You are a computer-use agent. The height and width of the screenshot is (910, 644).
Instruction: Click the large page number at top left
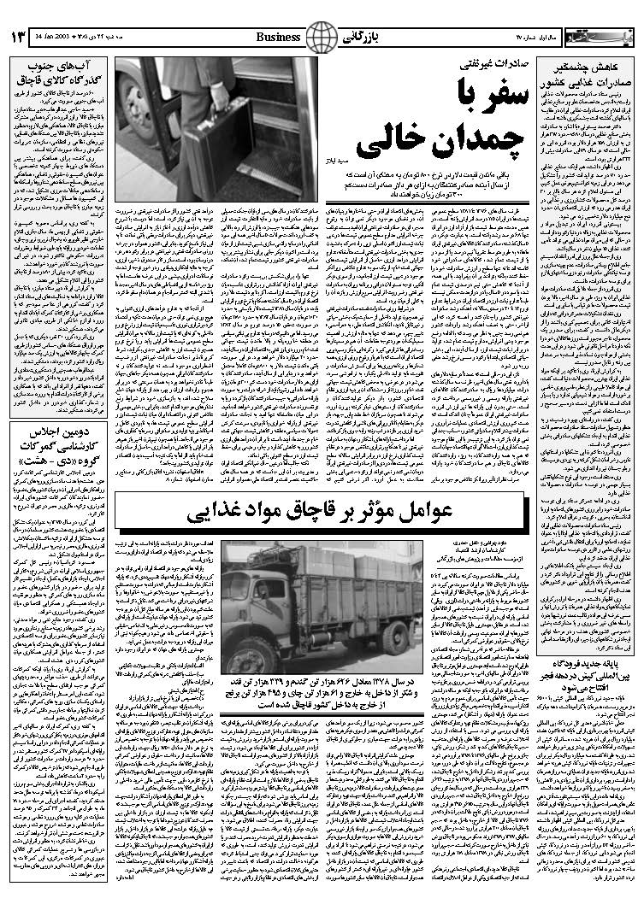(x=16, y=38)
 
